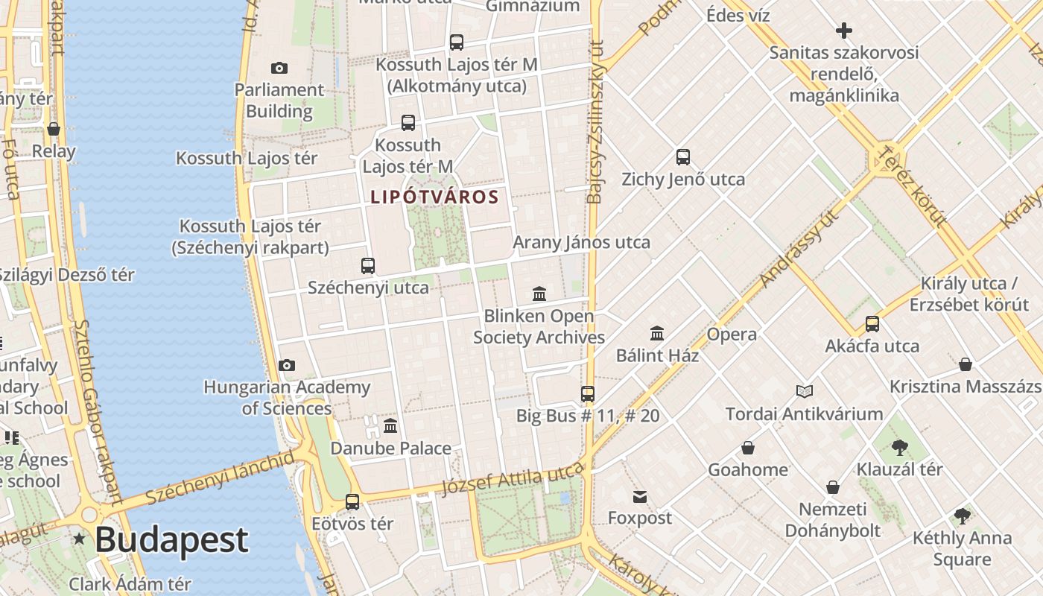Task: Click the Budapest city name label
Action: click(x=171, y=540)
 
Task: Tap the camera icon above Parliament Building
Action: click(x=279, y=69)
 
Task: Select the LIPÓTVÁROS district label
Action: click(x=434, y=197)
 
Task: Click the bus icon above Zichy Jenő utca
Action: click(x=683, y=157)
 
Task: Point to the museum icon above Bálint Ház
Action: click(x=657, y=333)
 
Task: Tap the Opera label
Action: click(x=732, y=335)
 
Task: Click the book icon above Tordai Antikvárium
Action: click(x=804, y=391)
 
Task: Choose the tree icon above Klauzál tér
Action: click(x=899, y=448)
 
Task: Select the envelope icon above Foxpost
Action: click(x=639, y=497)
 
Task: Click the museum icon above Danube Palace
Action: click(x=390, y=426)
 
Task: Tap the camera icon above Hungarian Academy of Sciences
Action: click(x=287, y=366)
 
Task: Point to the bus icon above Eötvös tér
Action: click(x=352, y=502)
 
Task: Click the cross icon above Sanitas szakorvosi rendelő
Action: click(x=844, y=31)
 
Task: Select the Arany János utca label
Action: click(x=581, y=242)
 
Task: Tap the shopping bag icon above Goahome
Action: click(x=747, y=448)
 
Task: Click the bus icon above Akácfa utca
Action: click(x=872, y=324)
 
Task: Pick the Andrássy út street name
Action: click(x=799, y=249)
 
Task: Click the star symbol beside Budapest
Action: click(x=79, y=539)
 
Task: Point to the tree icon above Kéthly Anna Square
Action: click(x=962, y=516)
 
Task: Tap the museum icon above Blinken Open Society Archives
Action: click(x=539, y=294)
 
